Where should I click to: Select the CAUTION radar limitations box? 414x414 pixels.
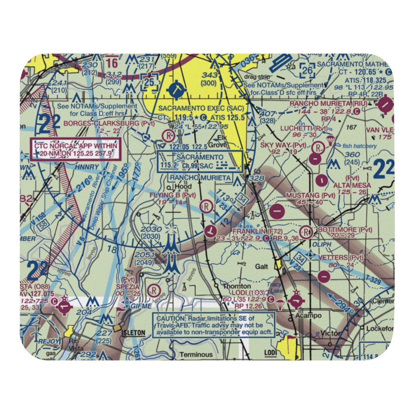(x=214, y=325)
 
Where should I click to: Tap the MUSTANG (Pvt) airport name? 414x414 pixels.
(x=310, y=195)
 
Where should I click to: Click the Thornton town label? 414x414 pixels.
(x=237, y=286)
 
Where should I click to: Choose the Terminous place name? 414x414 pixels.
(x=196, y=354)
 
